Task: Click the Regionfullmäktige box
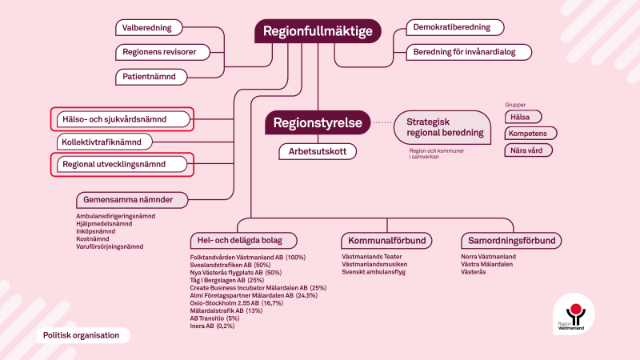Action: pyautogui.click(x=318, y=32)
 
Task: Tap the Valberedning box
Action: pyautogui.click(x=147, y=28)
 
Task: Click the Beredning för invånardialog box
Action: pyautogui.click(x=468, y=52)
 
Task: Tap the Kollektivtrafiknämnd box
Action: pyautogui.click(x=105, y=142)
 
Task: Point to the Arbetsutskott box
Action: pyautogui.click(x=317, y=150)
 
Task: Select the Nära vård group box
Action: pyautogui.click(x=528, y=150)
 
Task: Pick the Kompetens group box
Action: pyautogui.click(x=530, y=133)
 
